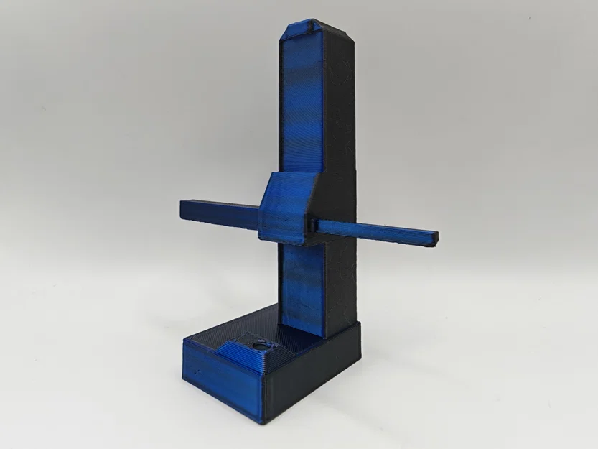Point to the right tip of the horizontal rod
[435, 236]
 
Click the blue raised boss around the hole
[244, 351]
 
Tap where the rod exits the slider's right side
[316, 224]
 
